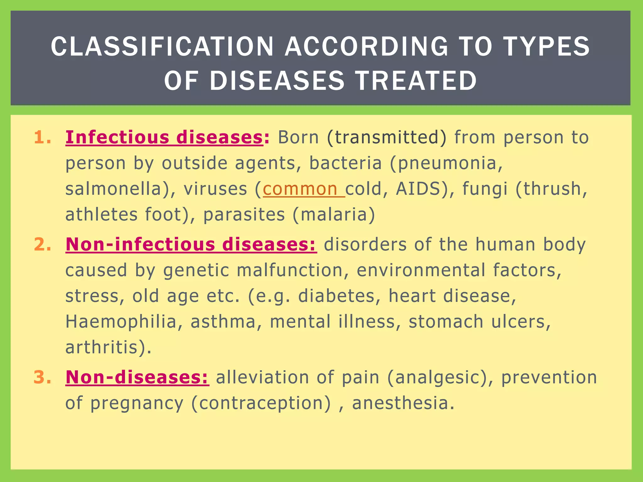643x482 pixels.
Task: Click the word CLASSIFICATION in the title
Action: click(162, 47)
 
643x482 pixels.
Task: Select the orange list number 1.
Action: click(42, 137)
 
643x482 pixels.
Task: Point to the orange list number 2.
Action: click(42, 244)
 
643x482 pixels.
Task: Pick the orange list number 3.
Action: click(42, 377)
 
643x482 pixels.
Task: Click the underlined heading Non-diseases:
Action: click(137, 377)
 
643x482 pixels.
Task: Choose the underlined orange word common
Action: click(300, 189)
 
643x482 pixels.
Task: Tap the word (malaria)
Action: click(333, 215)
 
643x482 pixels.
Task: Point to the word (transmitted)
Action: click(386, 137)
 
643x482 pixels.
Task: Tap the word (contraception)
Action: click(261, 403)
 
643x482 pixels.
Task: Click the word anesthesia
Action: click(403, 403)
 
